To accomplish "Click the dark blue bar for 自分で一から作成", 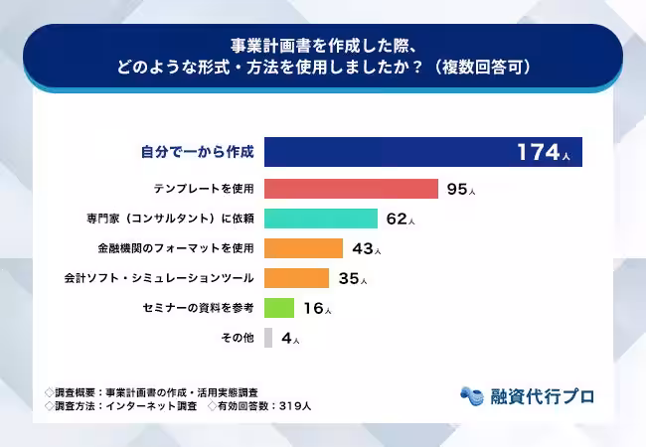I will [x=388, y=152].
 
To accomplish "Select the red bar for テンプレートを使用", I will [x=351, y=189].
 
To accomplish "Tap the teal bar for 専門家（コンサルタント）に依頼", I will [x=320, y=219].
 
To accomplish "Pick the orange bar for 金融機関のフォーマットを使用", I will [x=303, y=248].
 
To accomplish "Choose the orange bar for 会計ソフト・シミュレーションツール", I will [x=296, y=278].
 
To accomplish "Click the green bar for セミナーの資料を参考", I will [x=279, y=308].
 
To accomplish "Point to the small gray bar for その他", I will [x=268, y=338].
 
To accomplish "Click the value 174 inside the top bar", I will [x=538, y=152].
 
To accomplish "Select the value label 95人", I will [x=461, y=189].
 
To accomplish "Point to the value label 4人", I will [x=290, y=339].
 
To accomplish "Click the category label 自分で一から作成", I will [x=198, y=153].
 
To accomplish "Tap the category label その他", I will [x=237, y=338].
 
